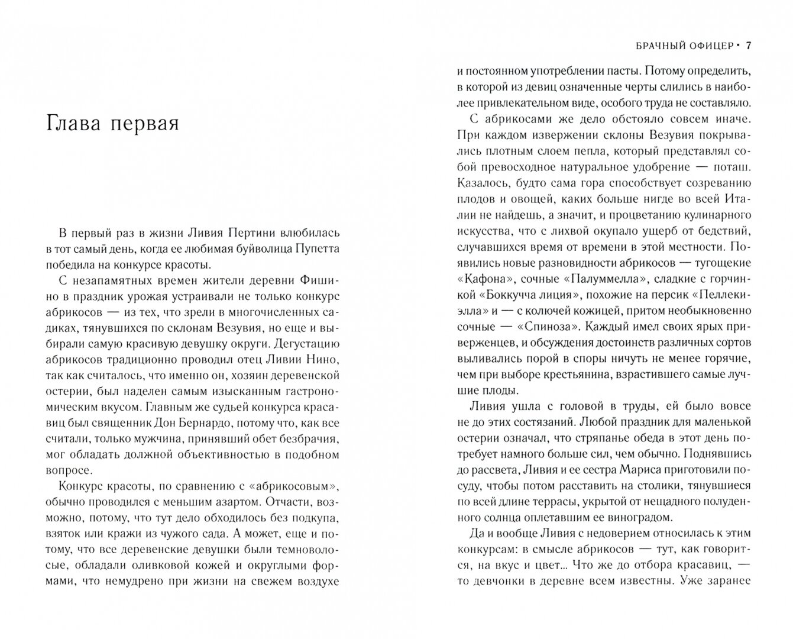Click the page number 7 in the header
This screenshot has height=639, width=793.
click(x=748, y=45)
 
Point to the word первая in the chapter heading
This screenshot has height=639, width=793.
click(x=146, y=125)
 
